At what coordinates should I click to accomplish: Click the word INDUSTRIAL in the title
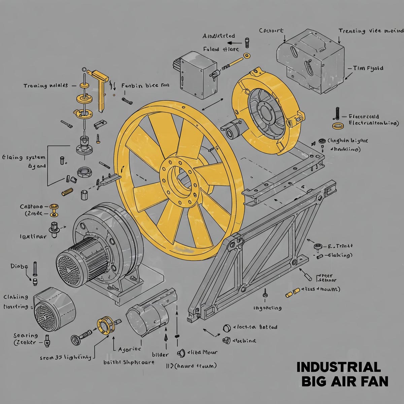[338, 367]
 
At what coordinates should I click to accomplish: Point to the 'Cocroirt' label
[271, 31]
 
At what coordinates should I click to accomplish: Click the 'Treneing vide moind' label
[371, 31]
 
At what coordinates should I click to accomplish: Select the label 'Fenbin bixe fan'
[145, 86]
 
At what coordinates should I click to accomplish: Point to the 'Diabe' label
[19, 266]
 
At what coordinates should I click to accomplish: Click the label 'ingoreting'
[267, 308]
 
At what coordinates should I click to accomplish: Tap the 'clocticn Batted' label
[255, 327]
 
